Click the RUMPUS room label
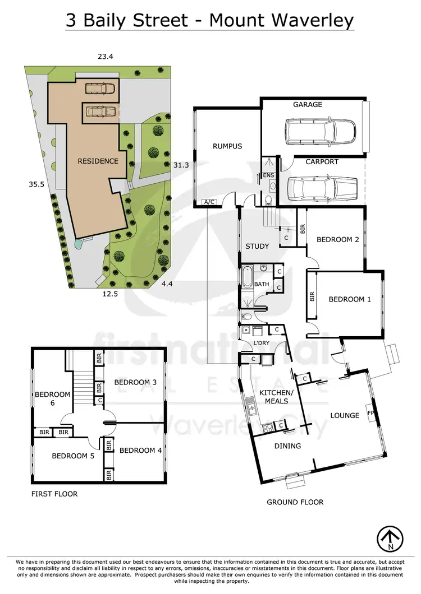click(x=227, y=146)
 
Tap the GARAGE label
click(x=308, y=105)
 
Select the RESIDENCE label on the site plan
click(x=98, y=161)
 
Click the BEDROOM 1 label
click(x=350, y=300)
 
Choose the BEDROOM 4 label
click(x=140, y=451)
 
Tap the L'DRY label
click(x=260, y=343)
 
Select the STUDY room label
click(x=257, y=246)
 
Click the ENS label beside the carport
click(x=269, y=175)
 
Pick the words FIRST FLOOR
click(x=54, y=494)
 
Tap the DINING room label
click(x=287, y=446)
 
